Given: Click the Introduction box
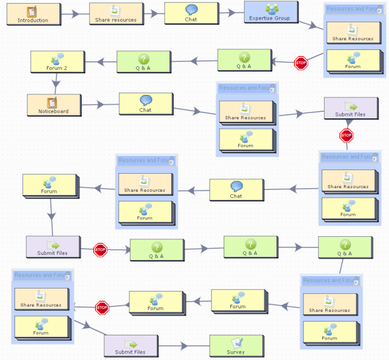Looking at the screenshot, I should pos(33,14).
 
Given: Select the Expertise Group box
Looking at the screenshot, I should pos(270,12).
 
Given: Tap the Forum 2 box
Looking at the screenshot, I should pos(57,62).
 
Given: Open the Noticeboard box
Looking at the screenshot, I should pos(54,105).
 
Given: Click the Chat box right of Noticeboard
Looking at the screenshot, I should pos(145,103).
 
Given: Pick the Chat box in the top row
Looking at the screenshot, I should pos(191,13).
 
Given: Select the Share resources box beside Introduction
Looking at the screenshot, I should pos(115,14).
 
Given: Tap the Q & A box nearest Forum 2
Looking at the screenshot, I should pos(143,62).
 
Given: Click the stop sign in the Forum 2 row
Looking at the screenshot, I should pos(301,63).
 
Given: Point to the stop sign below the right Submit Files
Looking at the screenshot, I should pos(346,135).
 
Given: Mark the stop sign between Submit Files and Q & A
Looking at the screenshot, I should pos(100,249).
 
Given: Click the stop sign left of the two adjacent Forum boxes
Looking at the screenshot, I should pos(102,308).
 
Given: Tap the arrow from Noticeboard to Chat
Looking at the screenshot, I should pos(99,105).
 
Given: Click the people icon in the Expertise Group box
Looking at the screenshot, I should pos(272,9).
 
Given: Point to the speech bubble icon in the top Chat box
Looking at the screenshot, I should pos(191,10).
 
